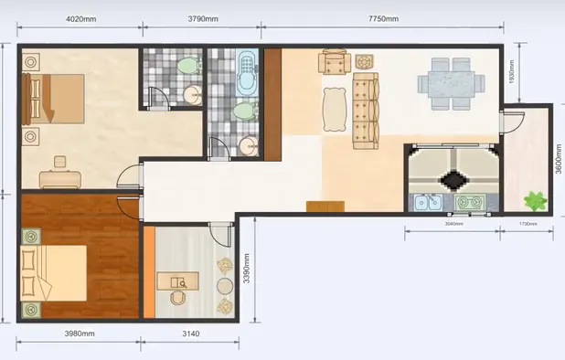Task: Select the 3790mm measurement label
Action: pos(203,18)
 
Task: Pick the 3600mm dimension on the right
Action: pos(557,162)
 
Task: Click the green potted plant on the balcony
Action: pos(533,197)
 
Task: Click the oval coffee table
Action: pos(330,112)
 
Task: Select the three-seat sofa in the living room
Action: pos(365,111)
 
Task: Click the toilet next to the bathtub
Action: pos(242,111)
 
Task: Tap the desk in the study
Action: pos(177,279)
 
